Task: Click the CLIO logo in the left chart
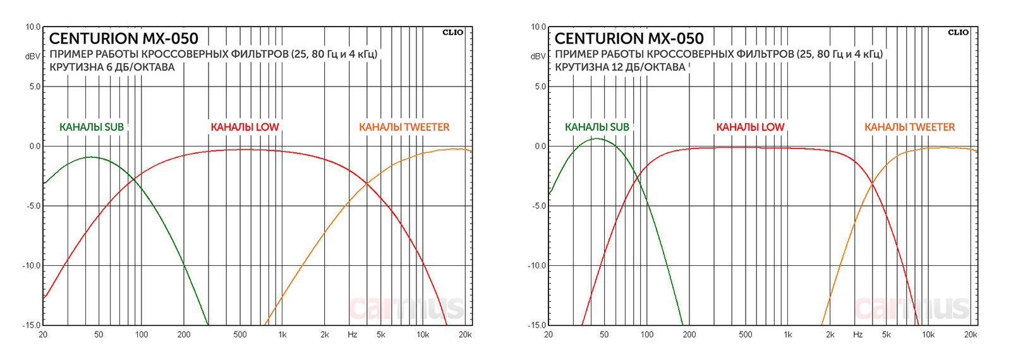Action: (x=452, y=32)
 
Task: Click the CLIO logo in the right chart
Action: (x=958, y=32)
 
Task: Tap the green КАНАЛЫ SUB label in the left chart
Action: (x=92, y=127)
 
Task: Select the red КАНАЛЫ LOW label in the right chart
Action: (x=750, y=127)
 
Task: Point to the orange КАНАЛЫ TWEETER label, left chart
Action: (x=404, y=127)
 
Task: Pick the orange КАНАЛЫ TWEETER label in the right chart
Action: (x=910, y=127)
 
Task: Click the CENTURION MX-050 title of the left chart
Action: (x=124, y=39)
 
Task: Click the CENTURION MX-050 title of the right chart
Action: (x=629, y=39)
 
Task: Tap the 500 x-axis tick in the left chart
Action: (x=240, y=335)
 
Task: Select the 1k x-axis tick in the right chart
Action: (x=788, y=335)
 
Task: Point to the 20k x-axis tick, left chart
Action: (x=465, y=335)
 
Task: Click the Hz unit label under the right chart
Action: (x=857, y=335)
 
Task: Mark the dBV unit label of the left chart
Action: (x=33, y=56)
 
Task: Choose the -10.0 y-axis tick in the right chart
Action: (x=537, y=265)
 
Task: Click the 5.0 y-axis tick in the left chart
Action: (x=35, y=87)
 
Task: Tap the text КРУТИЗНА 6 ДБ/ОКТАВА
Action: (x=112, y=67)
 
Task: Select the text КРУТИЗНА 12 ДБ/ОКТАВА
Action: (x=620, y=67)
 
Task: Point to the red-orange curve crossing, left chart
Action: (x=366, y=184)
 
